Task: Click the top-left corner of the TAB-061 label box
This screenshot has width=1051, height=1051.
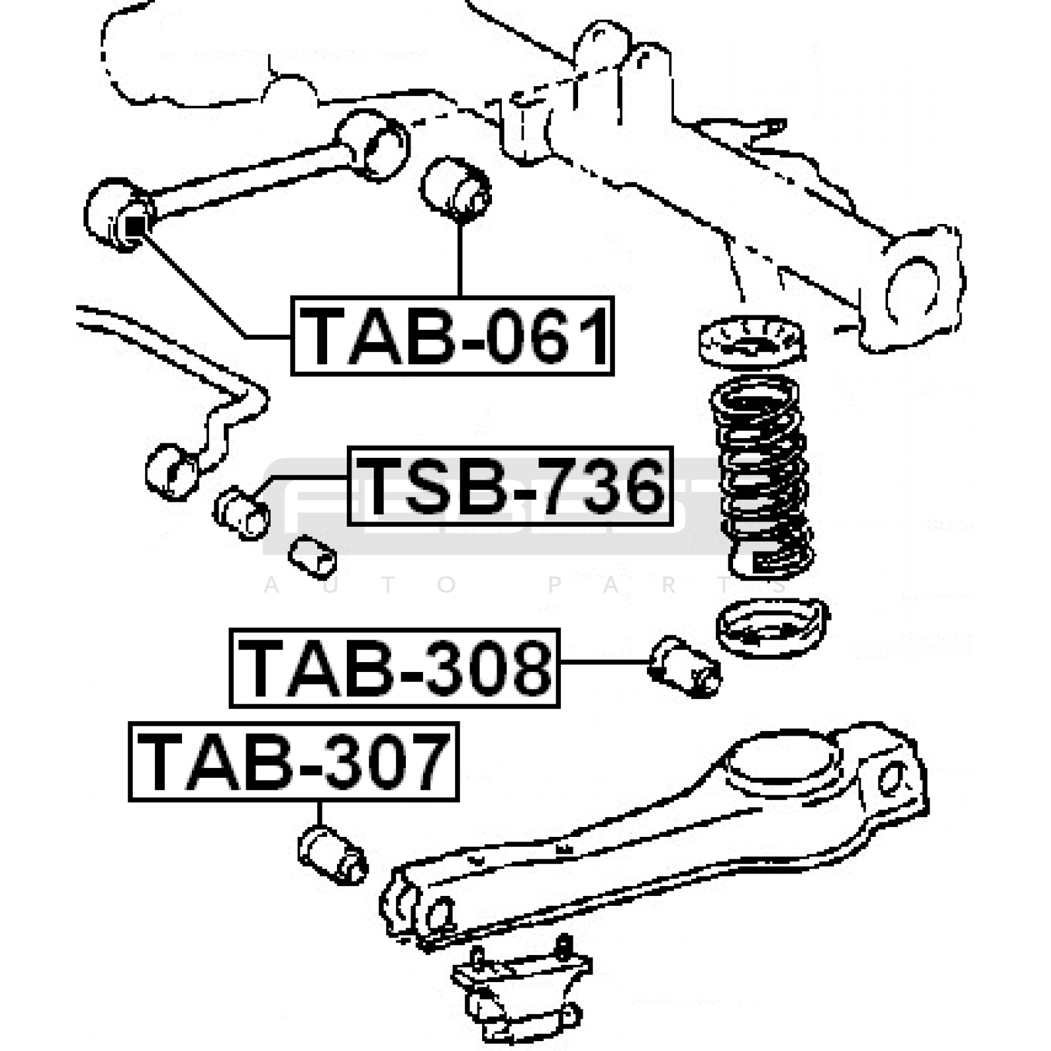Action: coord(292,298)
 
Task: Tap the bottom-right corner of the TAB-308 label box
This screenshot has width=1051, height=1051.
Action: coord(559,707)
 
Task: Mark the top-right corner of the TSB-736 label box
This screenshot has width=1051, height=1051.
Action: coord(673,448)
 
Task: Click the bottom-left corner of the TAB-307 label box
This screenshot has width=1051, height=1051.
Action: coord(130,800)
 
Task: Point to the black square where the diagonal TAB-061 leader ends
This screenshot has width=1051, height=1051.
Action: coord(134,225)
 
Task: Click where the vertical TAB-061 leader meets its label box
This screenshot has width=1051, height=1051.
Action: coord(460,297)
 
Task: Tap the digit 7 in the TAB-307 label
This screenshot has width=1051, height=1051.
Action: coord(424,762)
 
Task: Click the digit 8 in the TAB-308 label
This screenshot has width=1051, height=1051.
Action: coord(525,668)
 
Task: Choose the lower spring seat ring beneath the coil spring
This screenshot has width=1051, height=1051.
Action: coord(772,627)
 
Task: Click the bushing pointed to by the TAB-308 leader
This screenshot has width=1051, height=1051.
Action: coord(684,665)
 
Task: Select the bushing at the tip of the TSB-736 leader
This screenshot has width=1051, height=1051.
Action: coord(242,513)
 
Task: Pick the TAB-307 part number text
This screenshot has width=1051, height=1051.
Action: coord(294,762)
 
